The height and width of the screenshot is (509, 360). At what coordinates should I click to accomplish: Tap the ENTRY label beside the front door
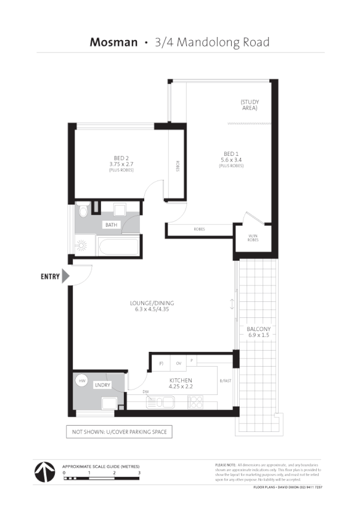[x=50, y=277]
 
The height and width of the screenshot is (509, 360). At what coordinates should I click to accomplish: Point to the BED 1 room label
[x=231, y=153]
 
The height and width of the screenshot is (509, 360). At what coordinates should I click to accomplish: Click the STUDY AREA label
[x=249, y=105]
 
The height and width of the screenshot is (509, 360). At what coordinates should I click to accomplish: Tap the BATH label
[x=111, y=225]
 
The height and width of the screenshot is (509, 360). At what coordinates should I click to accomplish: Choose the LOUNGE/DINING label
[x=152, y=303]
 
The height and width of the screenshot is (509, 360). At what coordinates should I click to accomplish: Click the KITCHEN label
[x=181, y=381]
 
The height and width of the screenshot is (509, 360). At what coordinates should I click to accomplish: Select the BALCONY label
[x=259, y=329]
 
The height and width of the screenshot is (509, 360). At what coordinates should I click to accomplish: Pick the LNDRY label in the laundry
[x=102, y=385]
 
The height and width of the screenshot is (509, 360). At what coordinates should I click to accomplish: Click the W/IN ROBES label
[x=253, y=237]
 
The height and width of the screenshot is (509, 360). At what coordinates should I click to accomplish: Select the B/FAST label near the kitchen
[x=226, y=381]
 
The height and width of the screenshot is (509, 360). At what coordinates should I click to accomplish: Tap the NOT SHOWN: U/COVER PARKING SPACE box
[x=119, y=432]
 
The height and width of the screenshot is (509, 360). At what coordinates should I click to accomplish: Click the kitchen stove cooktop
[x=196, y=402]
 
